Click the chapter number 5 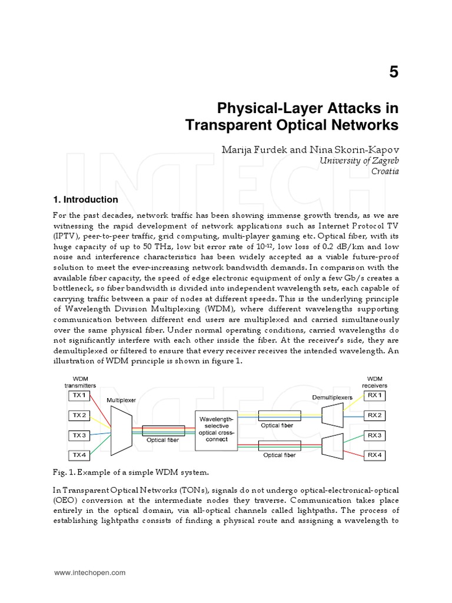393,72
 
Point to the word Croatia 384,171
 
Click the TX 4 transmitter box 79,455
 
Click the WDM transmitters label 79,381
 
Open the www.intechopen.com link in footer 90,572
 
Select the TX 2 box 79,415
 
